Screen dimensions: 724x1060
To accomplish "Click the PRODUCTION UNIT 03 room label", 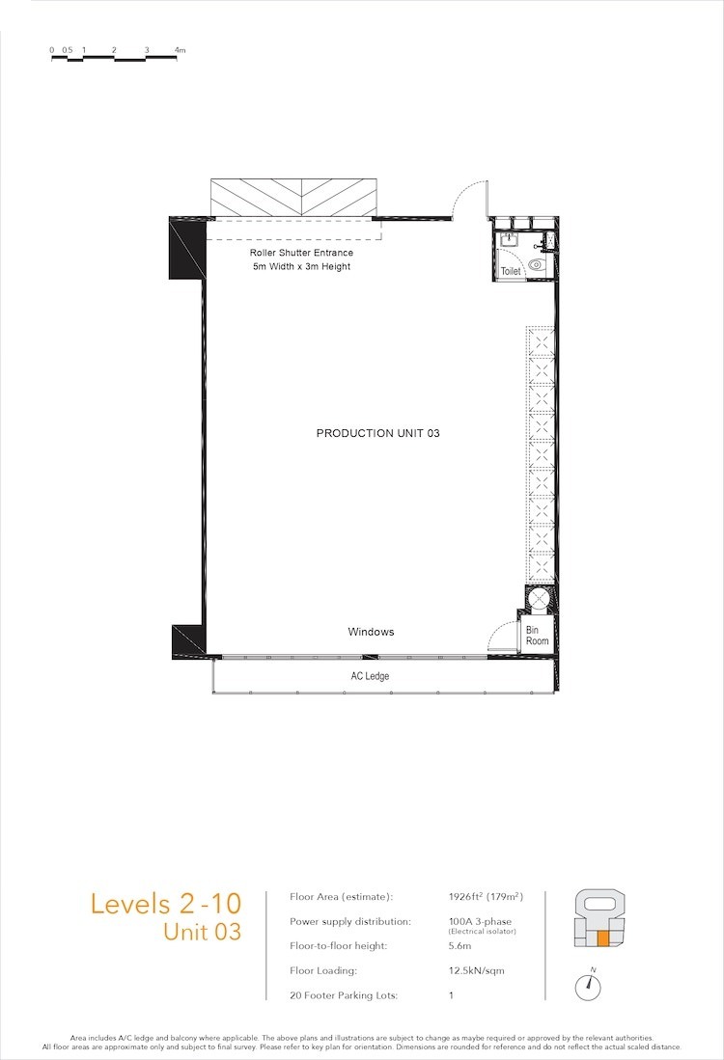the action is coord(377,433).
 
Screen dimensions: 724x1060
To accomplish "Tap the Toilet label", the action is coord(511,271).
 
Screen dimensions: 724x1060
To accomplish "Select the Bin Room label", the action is coord(538,636).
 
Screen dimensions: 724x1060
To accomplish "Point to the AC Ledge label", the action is coord(370,676).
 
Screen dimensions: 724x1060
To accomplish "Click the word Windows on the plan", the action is coord(371,632).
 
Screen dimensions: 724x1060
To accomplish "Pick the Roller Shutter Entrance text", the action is coord(301,253).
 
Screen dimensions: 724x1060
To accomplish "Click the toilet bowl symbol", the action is coord(536,264).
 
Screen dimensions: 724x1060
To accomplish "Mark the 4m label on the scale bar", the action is coord(180,50).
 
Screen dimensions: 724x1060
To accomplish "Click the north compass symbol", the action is coord(588,987).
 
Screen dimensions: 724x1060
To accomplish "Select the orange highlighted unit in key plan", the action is coord(602,938).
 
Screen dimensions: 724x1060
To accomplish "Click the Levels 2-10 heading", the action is coord(166,905).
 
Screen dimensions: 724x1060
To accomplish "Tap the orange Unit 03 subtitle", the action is coord(203,932).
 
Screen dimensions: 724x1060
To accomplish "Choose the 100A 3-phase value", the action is coord(480,921).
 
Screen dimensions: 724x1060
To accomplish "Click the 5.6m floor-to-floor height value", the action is coord(459,946).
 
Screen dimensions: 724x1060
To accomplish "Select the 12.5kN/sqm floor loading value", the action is coord(476,970).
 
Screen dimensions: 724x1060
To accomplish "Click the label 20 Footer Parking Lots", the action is coord(344,995).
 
